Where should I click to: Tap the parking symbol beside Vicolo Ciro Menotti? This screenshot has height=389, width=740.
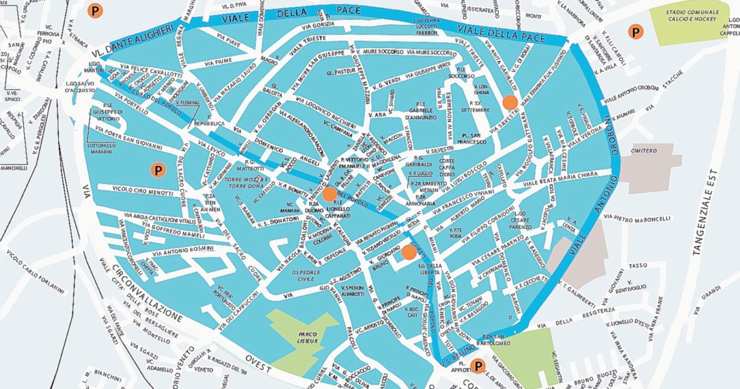[x=158, y=170]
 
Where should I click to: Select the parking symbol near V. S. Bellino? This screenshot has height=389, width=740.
[x=477, y=367]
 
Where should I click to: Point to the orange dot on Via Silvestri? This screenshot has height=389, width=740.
[x=510, y=102]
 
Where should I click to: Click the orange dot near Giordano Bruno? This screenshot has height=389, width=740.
[x=408, y=252]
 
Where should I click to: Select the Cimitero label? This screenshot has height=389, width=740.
[x=643, y=151]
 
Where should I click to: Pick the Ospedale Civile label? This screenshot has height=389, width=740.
[x=303, y=276]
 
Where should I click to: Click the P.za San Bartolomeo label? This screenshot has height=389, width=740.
[x=496, y=340]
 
